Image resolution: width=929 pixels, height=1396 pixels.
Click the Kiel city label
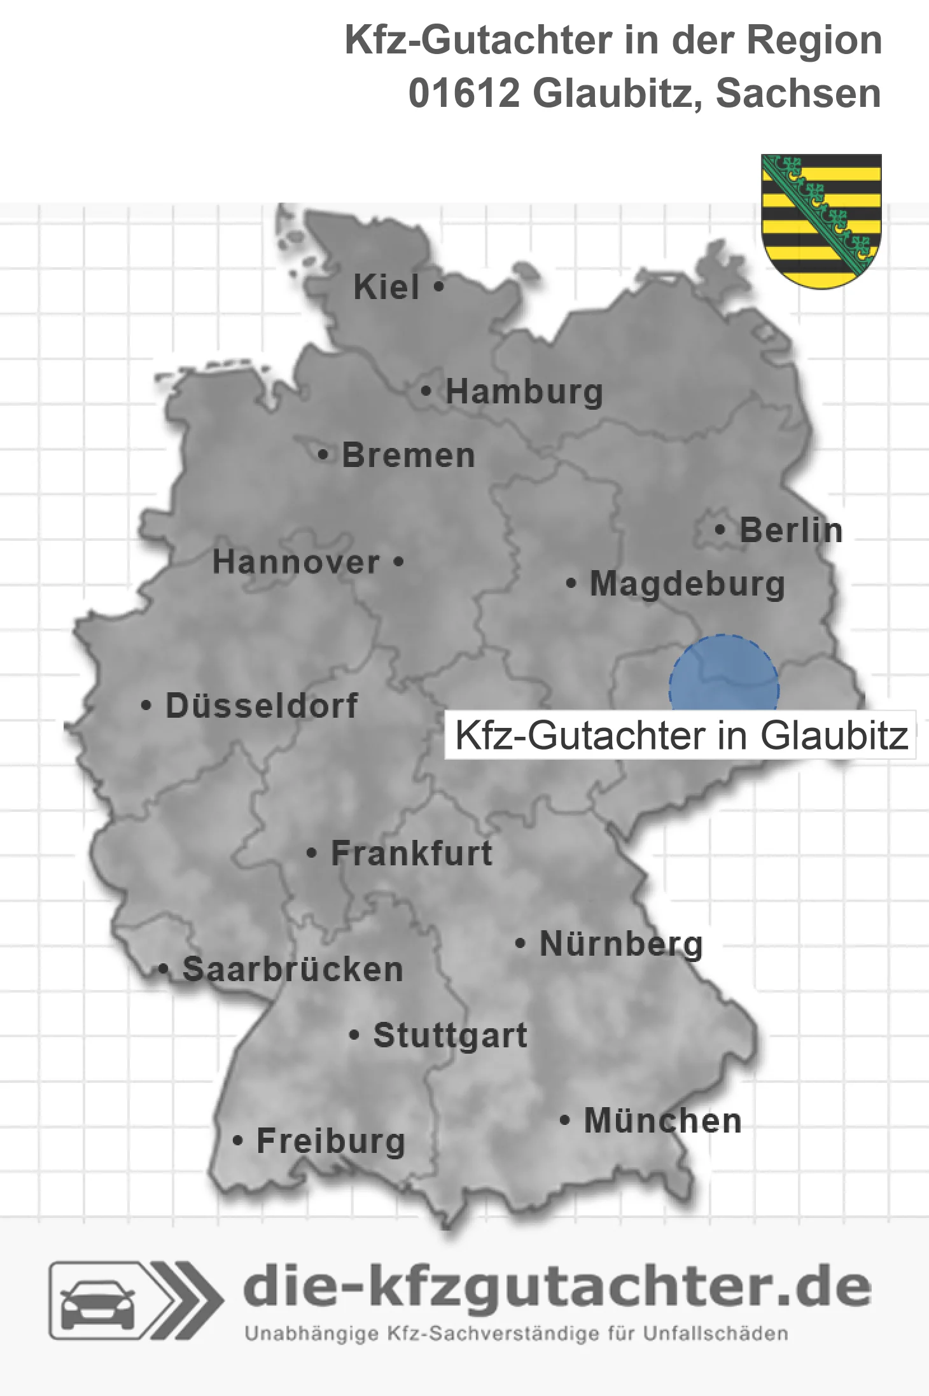point(386,287)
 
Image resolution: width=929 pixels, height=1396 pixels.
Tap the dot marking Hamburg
point(426,391)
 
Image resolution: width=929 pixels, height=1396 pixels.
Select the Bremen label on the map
point(409,456)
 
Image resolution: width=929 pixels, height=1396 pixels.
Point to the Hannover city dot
point(398,562)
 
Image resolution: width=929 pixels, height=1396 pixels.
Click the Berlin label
point(791,530)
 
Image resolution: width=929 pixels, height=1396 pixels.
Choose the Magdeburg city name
point(687,583)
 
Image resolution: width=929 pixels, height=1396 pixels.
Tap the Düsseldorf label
point(262,706)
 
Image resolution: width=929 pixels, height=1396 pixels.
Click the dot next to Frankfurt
point(311,853)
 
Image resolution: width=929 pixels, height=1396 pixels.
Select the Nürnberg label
point(621,944)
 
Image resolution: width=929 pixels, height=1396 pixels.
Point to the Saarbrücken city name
point(293,970)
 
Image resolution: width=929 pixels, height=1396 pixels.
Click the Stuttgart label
point(450,1035)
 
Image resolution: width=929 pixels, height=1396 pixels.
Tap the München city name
point(663,1120)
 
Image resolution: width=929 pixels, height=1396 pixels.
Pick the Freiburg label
point(330,1141)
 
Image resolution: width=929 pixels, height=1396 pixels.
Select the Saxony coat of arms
point(821,220)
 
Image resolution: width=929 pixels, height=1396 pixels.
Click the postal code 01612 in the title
point(464,94)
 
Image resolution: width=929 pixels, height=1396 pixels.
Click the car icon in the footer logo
point(97,1303)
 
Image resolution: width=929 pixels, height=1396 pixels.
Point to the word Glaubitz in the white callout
point(834,736)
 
